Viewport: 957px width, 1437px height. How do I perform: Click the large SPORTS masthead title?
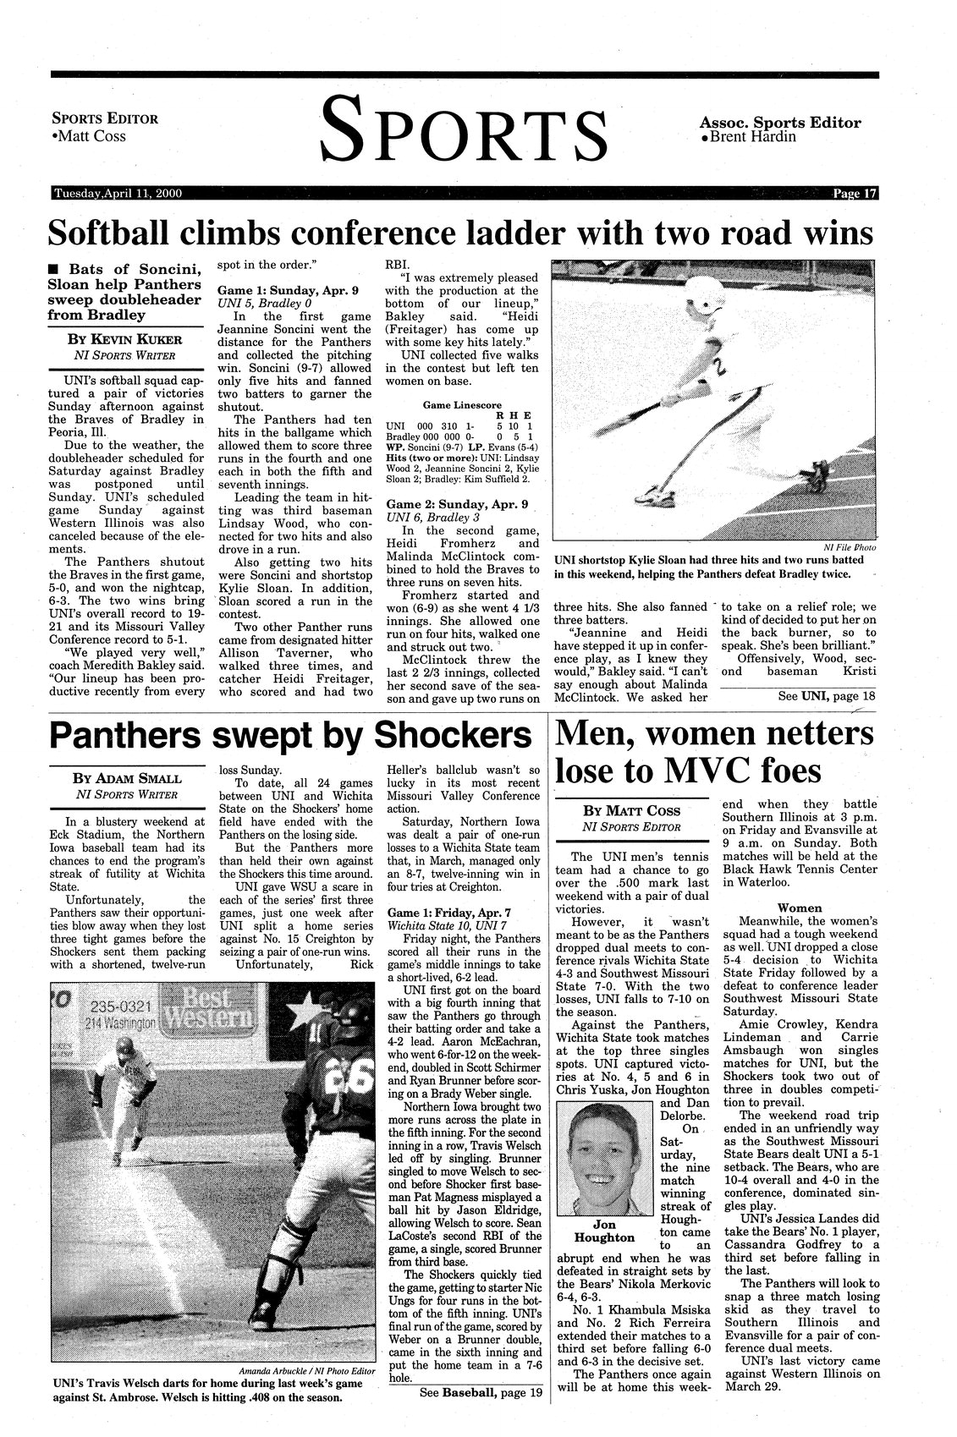pos(465,129)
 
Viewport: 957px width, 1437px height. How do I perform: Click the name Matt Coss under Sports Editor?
pos(91,136)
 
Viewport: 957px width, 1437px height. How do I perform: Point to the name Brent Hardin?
pos(754,136)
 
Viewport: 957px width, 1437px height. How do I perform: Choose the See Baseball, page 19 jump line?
pos(480,1391)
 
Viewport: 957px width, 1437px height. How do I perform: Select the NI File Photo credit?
pos(849,547)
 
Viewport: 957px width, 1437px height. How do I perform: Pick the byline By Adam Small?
pos(127,778)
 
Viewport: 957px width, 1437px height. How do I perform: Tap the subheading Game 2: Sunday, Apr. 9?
pos(457,504)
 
